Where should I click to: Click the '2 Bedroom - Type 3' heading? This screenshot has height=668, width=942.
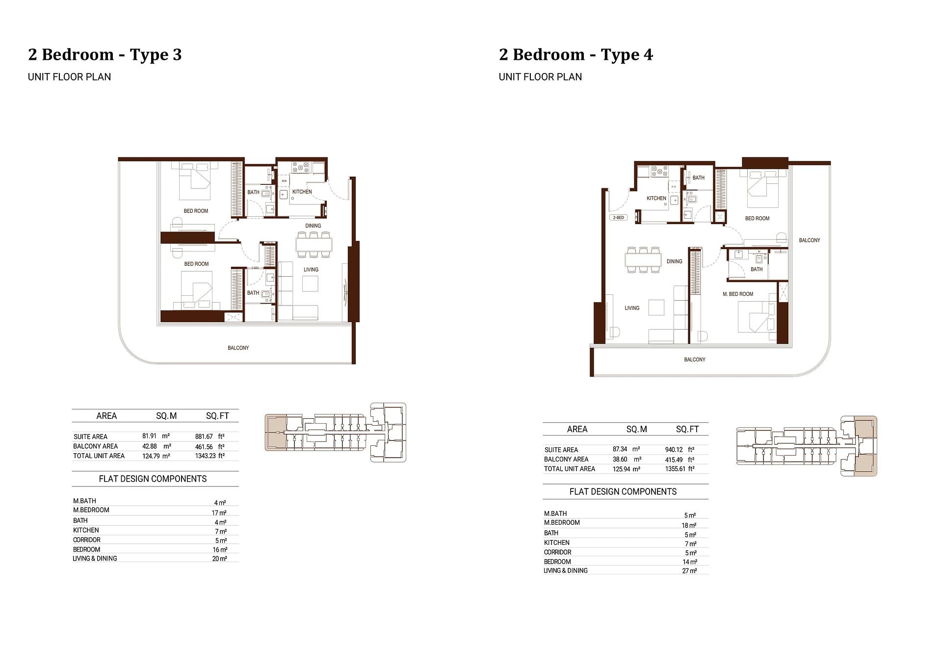pos(105,54)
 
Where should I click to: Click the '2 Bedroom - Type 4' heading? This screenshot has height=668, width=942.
pos(576,54)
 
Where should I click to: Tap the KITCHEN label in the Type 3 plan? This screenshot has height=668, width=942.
pos(302,192)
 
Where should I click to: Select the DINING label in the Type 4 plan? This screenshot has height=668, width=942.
pos(674,261)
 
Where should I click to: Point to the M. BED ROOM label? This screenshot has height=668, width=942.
pos(737,294)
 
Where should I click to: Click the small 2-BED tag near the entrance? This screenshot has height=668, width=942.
pos(618,217)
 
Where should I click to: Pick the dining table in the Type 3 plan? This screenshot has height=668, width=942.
pos(314,244)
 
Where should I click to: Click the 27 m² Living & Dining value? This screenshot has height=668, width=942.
pos(689,571)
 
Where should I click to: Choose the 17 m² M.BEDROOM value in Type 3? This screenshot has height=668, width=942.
pos(219,513)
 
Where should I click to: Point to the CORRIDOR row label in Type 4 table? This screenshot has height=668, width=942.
pos(557,552)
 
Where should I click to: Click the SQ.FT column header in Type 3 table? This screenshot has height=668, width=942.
pos(217,416)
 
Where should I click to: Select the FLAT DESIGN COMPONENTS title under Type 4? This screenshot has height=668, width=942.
pos(623,491)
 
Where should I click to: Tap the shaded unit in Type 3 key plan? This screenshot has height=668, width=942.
pos(276,432)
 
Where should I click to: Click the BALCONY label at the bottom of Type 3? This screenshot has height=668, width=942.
pos(238,348)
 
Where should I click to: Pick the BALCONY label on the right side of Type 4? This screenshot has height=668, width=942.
pos(809,240)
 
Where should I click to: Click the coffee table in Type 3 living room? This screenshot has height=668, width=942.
pos(310,284)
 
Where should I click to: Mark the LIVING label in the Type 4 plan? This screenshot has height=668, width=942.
pos(631,308)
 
